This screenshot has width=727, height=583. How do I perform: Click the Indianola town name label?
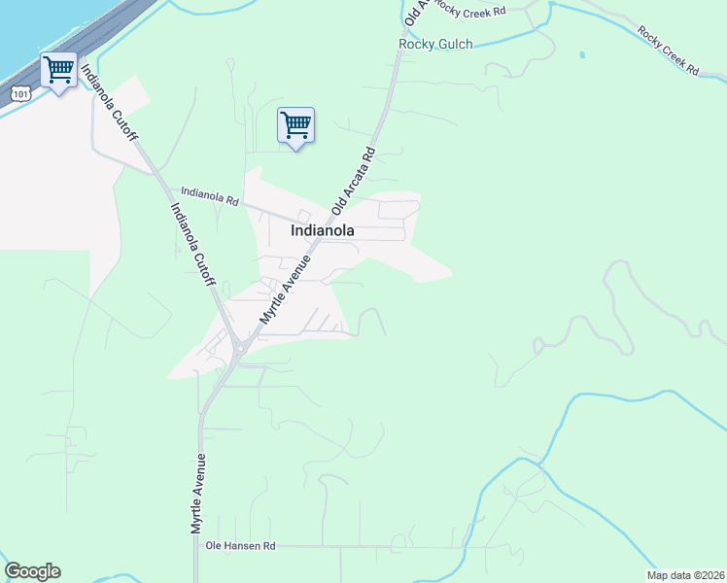click(x=322, y=231)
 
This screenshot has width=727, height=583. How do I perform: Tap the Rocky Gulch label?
click(x=435, y=44)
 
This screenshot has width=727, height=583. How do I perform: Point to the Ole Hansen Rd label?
click(x=241, y=547)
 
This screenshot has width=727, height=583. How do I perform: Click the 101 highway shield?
click(x=22, y=91)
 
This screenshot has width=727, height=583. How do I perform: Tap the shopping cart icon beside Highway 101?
click(x=58, y=71)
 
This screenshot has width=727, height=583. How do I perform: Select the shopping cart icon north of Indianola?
click(x=295, y=126)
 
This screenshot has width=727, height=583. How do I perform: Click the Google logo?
click(x=32, y=571)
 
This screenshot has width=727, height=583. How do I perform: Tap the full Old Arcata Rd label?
click(x=353, y=181)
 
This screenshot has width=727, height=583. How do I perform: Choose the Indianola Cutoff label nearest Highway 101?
click(x=108, y=104)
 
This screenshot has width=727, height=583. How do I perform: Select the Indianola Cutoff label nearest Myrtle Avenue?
click(x=193, y=244)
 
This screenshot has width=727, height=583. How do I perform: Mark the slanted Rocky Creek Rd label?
click(x=669, y=51)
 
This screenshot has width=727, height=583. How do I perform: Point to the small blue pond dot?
click(x=582, y=55)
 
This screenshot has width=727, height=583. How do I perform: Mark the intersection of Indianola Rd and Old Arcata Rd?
click(x=325, y=223)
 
